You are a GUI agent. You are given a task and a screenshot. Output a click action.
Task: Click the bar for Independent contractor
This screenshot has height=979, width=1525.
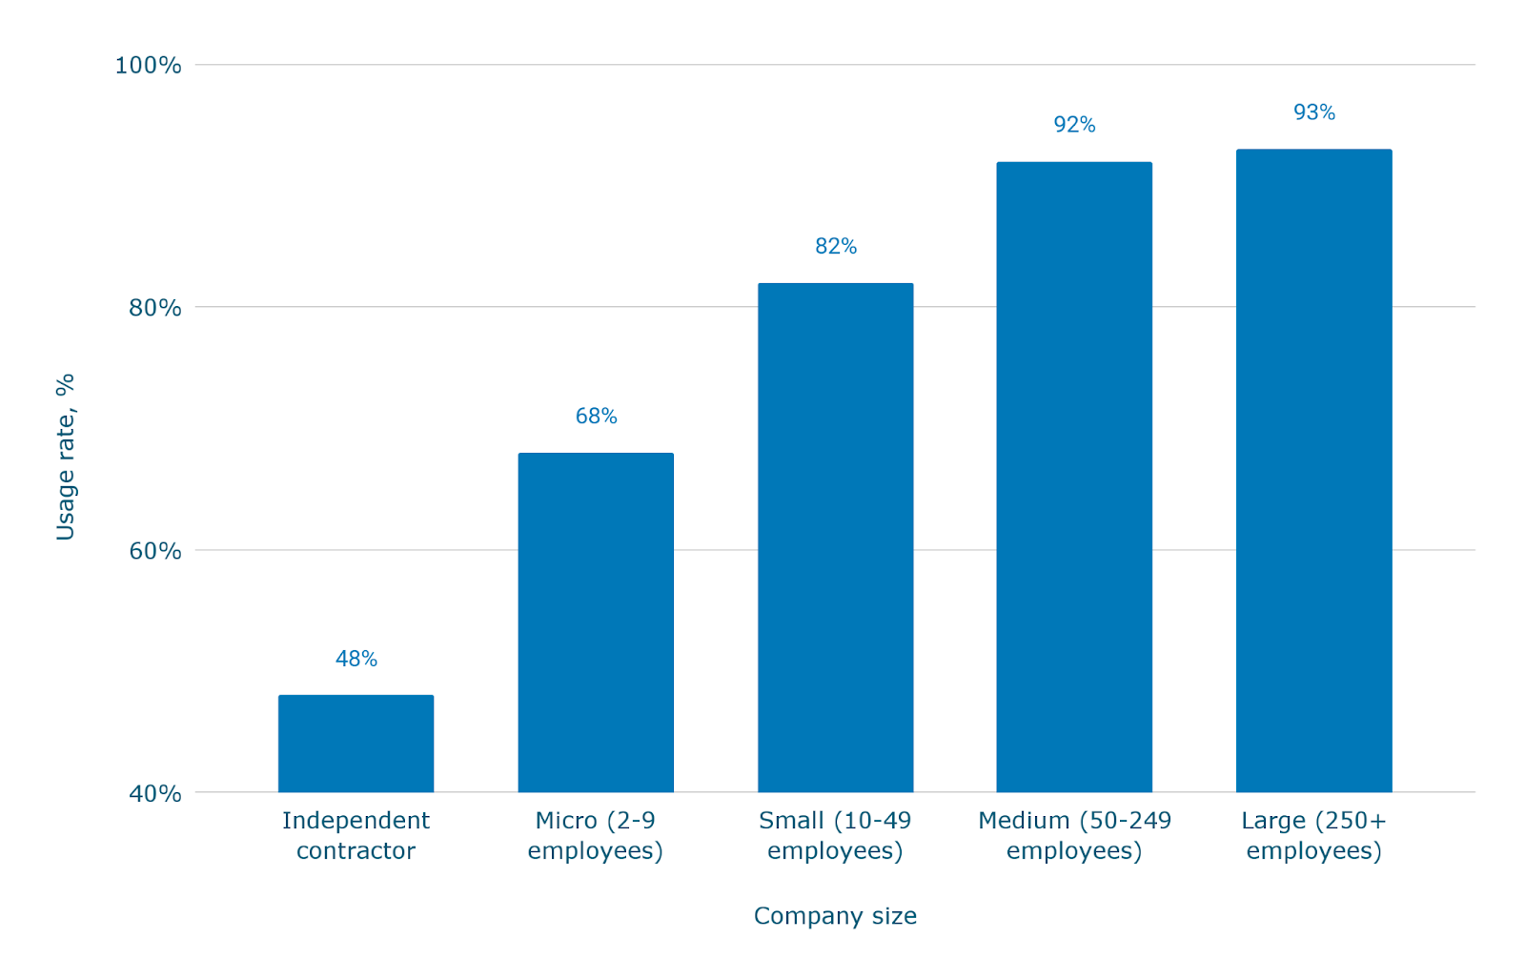[356, 744]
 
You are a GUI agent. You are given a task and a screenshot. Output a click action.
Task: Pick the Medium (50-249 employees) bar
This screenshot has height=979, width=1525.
[1074, 477]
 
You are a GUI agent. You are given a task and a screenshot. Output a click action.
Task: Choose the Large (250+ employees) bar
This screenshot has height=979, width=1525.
[1313, 470]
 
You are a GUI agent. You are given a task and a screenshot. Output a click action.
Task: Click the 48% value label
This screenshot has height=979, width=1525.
[356, 659]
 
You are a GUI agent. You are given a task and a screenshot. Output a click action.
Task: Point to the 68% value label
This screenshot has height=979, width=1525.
[596, 416]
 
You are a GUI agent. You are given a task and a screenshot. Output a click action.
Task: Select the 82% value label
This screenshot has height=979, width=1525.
[836, 246]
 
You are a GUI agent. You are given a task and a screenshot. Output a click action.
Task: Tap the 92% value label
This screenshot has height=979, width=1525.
[1074, 125]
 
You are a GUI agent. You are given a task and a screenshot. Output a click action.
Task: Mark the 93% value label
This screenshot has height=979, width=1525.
[1313, 112]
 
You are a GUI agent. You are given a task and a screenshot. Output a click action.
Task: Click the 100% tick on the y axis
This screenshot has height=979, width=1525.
[148, 65]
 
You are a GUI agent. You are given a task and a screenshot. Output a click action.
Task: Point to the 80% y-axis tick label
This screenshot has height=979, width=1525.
[154, 307]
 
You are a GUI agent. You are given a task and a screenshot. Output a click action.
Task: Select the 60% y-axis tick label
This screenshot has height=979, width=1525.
[154, 550]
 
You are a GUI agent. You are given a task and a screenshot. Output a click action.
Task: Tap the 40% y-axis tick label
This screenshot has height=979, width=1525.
[154, 793]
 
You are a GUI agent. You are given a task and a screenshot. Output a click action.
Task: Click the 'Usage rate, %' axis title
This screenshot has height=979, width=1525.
[65, 457]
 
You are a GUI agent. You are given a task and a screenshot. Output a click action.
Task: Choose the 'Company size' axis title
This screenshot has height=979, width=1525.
[835, 915]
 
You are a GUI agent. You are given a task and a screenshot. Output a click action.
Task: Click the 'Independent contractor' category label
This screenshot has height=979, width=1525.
[356, 835]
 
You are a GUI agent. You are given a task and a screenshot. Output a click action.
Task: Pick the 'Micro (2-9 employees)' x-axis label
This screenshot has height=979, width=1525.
[596, 835]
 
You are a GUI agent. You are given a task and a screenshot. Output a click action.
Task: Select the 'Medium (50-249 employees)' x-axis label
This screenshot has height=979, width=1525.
[1074, 835]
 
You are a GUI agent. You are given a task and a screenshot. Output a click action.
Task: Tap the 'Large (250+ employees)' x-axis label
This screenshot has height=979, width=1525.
[1313, 835]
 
